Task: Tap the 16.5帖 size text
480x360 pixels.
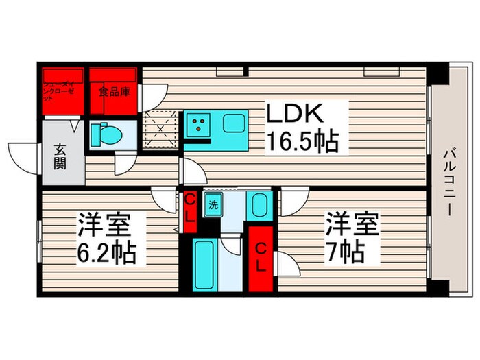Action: tap(301, 142)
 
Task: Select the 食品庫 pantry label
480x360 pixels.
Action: tap(113, 91)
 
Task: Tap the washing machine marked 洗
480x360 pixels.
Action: tap(213, 204)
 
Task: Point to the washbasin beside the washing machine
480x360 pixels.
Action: tap(259, 205)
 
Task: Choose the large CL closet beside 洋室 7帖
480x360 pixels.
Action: tap(261, 256)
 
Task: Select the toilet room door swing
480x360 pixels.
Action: tap(125, 163)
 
